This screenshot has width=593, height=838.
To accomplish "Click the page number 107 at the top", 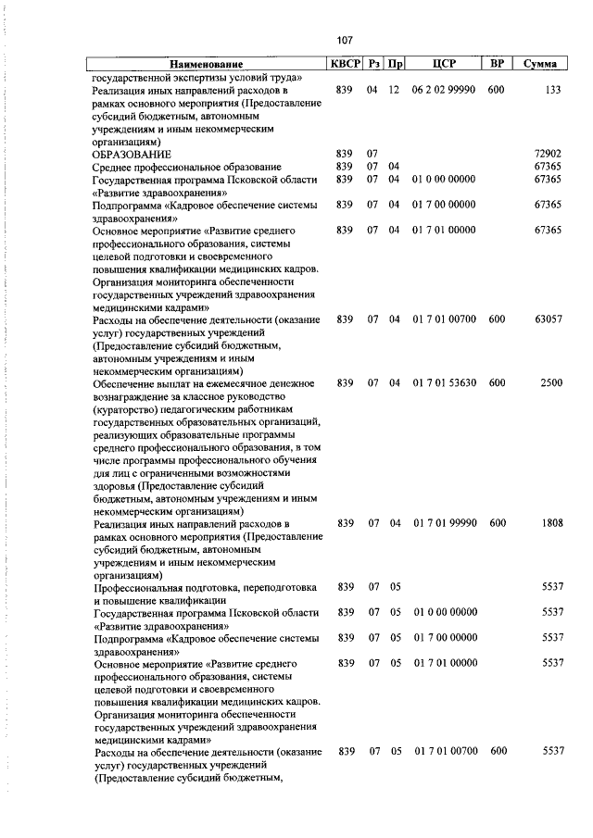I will (344, 40).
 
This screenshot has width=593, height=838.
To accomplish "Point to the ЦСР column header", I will (444, 65).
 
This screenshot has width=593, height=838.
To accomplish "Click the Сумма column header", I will (539, 65).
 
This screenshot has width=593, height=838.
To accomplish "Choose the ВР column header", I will (497, 65).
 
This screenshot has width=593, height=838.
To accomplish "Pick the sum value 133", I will (553, 91).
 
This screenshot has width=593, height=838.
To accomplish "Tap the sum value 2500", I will (551, 382).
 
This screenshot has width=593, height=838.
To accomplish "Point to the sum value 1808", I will (551, 523).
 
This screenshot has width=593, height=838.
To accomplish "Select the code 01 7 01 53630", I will (445, 382).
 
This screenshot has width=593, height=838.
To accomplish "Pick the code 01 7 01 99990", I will (445, 523).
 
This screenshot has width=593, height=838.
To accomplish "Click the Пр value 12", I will (394, 91).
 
